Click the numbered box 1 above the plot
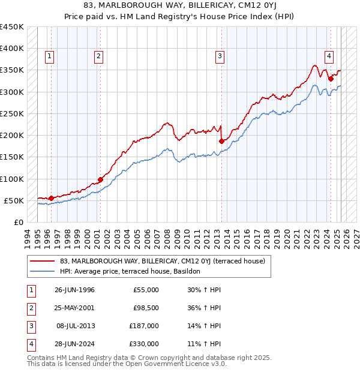pos(49,57)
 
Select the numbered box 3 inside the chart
pos(220,57)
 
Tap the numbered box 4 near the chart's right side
pos(329,57)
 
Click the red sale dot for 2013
pos(221,141)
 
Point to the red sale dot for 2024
pos(331,79)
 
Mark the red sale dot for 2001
pos(100,179)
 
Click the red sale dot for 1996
pos(51,198)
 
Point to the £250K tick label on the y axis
pos(11,113)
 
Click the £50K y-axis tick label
pos(14,200)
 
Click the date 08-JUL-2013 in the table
pos(76,326)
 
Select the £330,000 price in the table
pos(144,344)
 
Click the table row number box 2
pos(29,308)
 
